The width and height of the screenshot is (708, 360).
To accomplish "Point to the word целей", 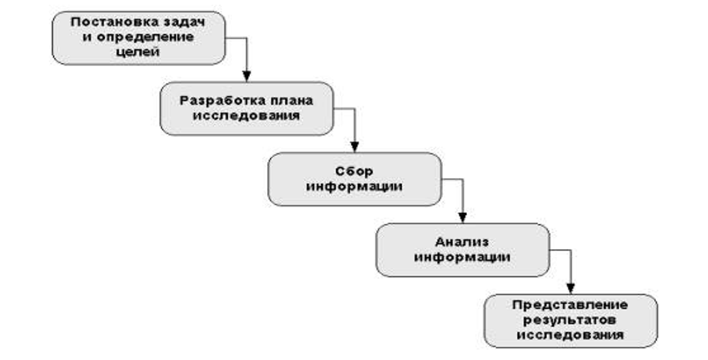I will [139, 52].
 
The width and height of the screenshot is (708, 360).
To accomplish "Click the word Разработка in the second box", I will [214, 100].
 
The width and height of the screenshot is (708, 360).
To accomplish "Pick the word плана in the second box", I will [291, 100].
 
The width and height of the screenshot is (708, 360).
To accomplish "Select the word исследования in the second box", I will [246, 115].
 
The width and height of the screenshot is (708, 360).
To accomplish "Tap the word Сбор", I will [354, 171].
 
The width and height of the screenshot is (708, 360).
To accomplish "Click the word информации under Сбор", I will [354, 186].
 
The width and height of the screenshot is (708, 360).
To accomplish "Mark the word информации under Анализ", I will [462, 257].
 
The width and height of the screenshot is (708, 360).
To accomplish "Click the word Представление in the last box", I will [570, 305].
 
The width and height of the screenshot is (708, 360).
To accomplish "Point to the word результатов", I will [570, 320].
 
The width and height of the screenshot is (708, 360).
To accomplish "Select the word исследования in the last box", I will [570, 335].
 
